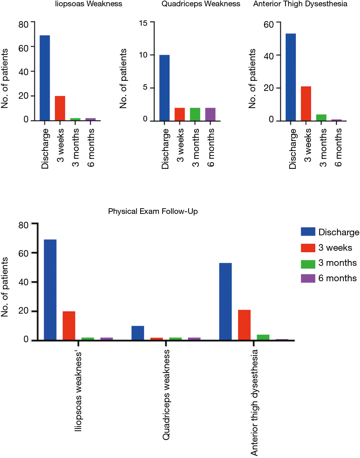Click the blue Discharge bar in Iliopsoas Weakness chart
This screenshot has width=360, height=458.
coord(45,78)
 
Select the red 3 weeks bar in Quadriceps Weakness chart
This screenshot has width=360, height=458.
coord(180,114)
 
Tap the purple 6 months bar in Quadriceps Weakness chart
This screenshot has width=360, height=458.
coord(210,114)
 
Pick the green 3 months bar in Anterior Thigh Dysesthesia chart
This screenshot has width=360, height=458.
coord(321,118)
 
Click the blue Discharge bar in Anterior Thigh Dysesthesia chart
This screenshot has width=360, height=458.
coord(291,77)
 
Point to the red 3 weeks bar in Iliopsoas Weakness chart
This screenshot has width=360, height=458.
coord(60,108)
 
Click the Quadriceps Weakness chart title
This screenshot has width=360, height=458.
coord(201,4)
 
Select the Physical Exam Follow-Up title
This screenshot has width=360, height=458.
coord(153,211)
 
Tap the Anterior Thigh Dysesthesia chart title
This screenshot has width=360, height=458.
coord(300,4)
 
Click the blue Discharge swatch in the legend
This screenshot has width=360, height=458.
coord(308,232)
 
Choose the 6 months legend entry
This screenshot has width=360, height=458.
coord(329,278)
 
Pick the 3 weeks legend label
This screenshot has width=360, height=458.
coord(335,248)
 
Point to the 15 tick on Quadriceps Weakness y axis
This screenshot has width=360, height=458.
coord(143,23)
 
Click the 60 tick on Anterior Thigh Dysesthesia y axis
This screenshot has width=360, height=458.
coord(268,25)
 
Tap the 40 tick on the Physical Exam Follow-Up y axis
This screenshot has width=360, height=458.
coord(23,282)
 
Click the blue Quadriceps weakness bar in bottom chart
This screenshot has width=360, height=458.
coord(138,333)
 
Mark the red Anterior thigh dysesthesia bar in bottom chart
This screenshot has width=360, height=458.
coord(244,325)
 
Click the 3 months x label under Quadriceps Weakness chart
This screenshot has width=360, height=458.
coord(196,148)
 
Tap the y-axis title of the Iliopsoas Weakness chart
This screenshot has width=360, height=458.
coord(4,78)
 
